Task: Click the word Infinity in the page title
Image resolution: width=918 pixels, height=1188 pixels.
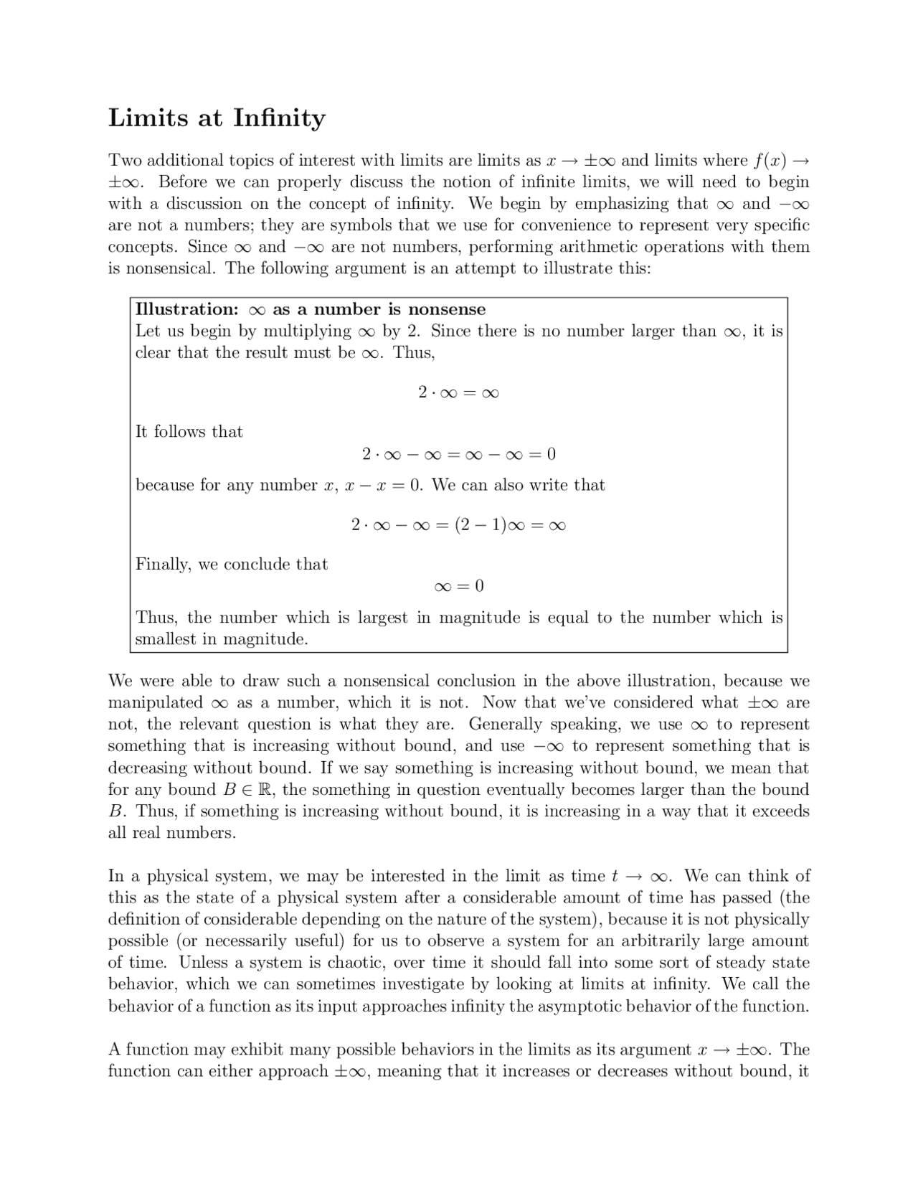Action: pyautogui.click(x=280, y=118)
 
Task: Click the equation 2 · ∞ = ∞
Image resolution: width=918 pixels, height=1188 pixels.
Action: pyautogui.click(x=458, y=392)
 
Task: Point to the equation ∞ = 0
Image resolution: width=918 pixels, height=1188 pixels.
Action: pyautogui.click(x=459, y=586)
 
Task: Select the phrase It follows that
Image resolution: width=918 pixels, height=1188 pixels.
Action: pyautogui.click(x=189, y=432)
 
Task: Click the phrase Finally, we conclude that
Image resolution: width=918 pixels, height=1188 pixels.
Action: pyautogui.click(x=232, y=565)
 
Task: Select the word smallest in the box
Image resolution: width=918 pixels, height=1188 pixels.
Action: pyautogui.click(x=166, y=640)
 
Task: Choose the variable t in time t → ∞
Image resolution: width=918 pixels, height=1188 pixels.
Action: pyautogui.click(x=615, y=877)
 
